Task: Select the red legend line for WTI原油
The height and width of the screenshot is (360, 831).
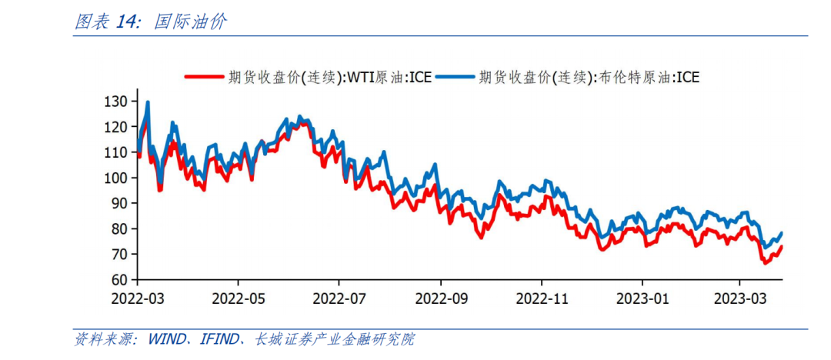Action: tap(205, 76)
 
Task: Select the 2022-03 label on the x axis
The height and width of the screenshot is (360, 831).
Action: tap(137, 297)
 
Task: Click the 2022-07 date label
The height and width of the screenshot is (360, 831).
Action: tap(339, 297)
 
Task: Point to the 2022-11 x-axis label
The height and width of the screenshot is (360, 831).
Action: tap(542, 297)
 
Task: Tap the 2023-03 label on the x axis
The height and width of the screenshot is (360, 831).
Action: tap(740, 297)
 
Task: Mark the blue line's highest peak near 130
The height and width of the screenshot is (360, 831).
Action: tap(147, 102)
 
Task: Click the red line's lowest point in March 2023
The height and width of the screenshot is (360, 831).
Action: tap(766, 263)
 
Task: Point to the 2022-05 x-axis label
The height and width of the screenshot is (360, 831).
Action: tap(238, 297)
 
